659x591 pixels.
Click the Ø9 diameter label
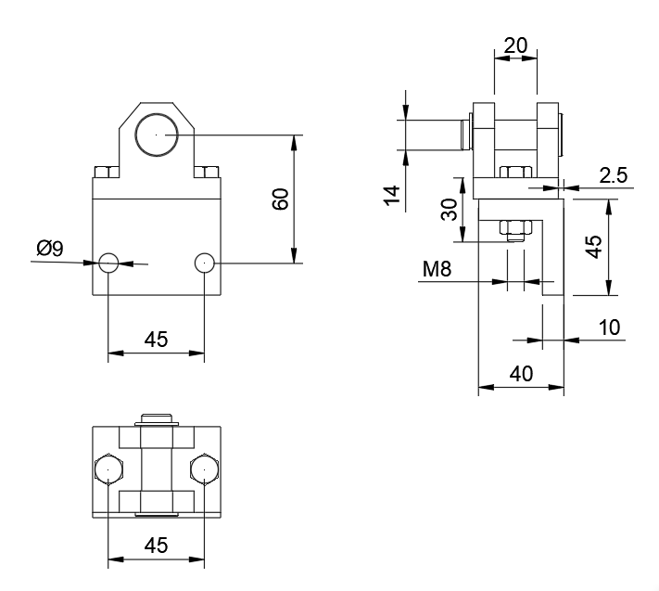(50, 248)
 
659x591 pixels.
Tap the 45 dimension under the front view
(157, 340)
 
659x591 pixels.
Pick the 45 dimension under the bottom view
(157, 545)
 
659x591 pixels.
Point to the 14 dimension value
(392, 196)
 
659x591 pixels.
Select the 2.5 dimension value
(615, 173)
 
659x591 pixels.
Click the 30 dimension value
(450, 210)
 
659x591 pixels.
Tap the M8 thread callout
(437, 269)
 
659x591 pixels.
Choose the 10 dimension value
(610, 327)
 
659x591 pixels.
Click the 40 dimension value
(521, 374)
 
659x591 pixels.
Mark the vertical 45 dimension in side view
(593, 246)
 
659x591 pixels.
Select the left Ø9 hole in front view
(109, 263)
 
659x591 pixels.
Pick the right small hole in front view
(205, 263)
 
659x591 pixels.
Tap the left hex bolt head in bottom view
(108, 470)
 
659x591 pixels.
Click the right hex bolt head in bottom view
(205, 470)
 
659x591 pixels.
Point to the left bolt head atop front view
(105, 171)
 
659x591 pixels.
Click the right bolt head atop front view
(209, 171)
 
